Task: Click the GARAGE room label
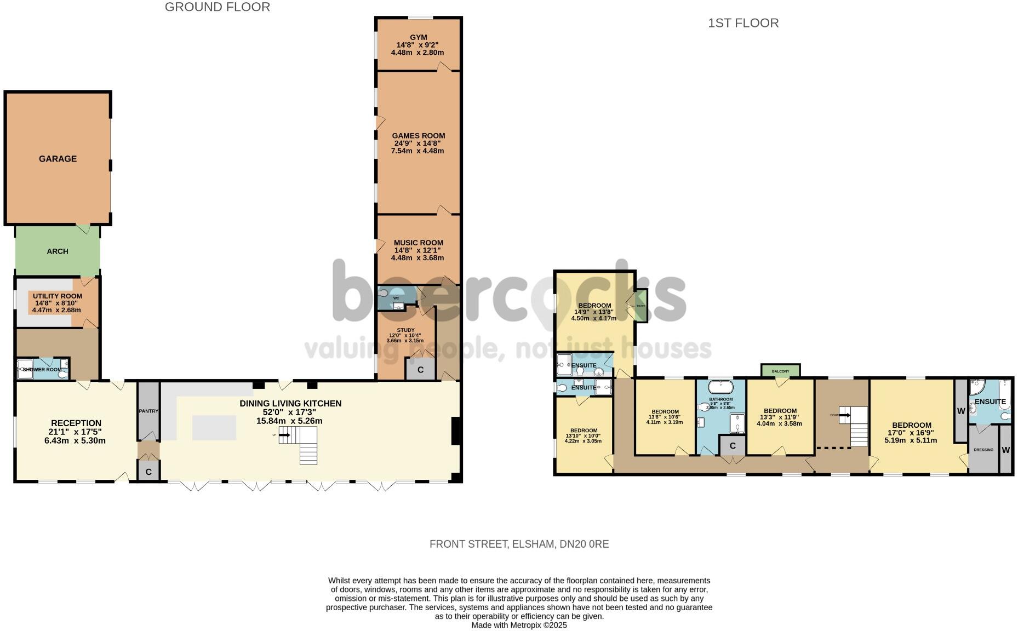pos(58,159)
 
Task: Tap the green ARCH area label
pos(58,251)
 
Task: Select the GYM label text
pos(418,37)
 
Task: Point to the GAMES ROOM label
pos(418,136)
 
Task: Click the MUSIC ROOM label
pos(418,243)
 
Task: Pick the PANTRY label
pos(148,411)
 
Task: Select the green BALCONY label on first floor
pos(780,371)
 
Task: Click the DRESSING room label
pos(983,450)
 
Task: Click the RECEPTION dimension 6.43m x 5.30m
pos(75,440)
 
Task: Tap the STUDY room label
pos(405,330)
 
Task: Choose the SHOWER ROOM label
pos(42,370)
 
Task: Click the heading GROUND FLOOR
pos(218,7)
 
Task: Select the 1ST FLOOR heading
pos(743,23)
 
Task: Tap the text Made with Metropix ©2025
pos(519,625)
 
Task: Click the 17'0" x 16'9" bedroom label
pos(911,433)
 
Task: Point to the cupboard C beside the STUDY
pos(420,370)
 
